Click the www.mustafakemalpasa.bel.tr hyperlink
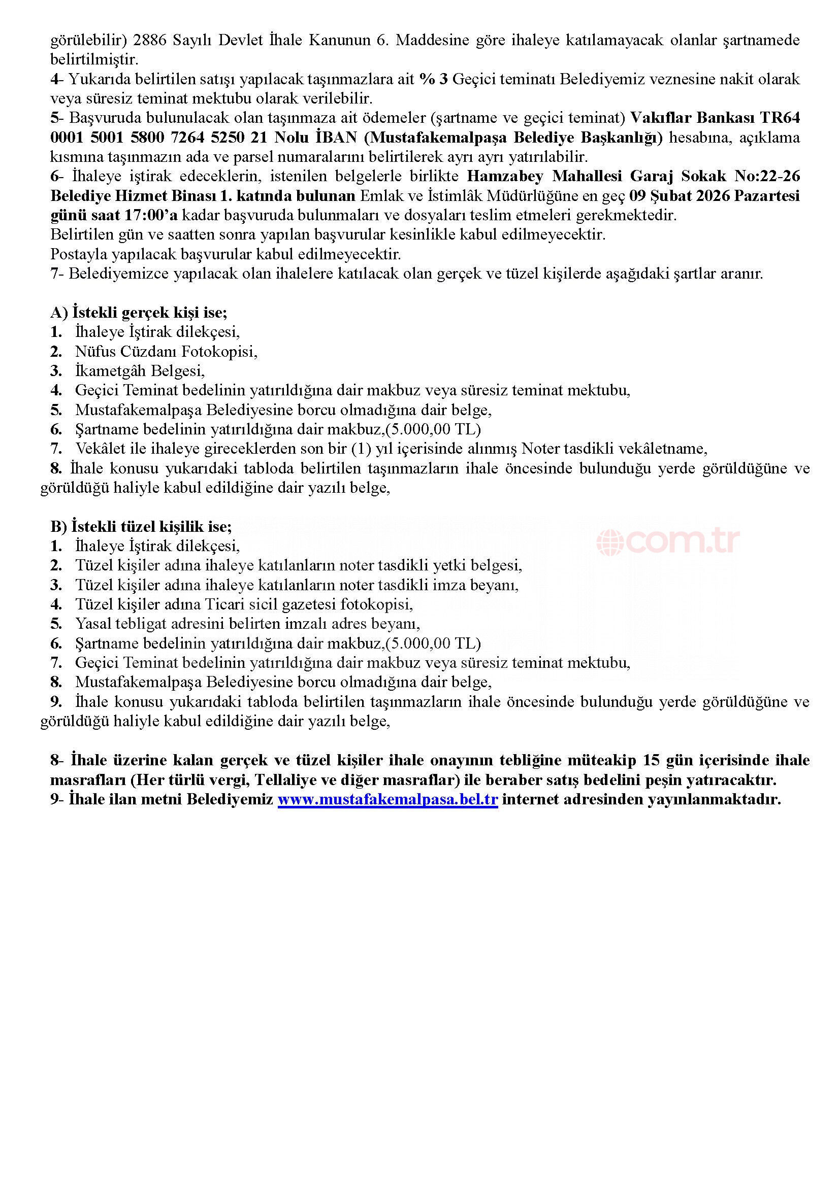point(387,799)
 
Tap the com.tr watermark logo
point(668,541)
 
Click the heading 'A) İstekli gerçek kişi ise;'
point(139,312)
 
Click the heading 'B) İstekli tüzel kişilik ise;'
point(141,526)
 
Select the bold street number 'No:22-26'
point(767,176)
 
